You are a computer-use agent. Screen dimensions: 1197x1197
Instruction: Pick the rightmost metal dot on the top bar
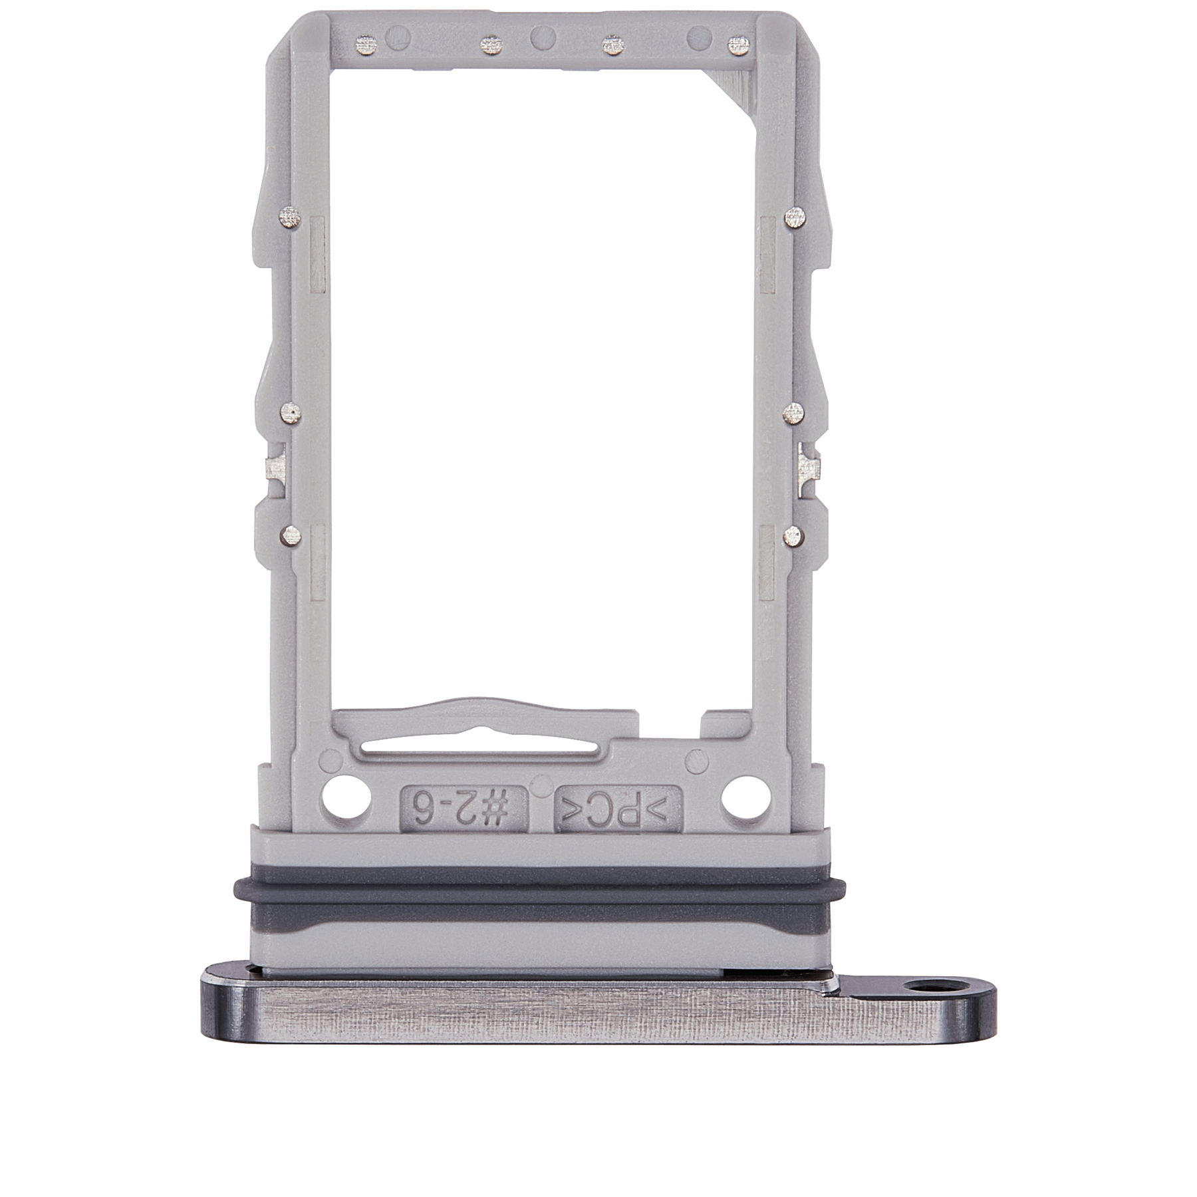[x=735, y=45]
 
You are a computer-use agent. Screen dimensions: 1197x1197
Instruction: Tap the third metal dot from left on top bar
[x=611, y=45]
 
